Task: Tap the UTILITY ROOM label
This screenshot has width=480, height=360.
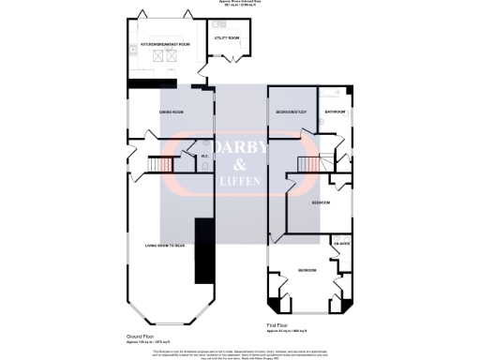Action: (227, 38)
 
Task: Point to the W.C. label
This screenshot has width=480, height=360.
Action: (204, 156)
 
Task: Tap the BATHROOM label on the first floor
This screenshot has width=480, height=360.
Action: (336, 112)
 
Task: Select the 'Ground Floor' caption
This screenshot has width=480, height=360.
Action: (140, 335)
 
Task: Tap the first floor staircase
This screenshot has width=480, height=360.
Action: (308, 165)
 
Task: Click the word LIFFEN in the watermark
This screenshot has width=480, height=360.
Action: (240, 180)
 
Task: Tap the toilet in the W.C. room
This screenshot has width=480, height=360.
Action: (204, 166)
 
